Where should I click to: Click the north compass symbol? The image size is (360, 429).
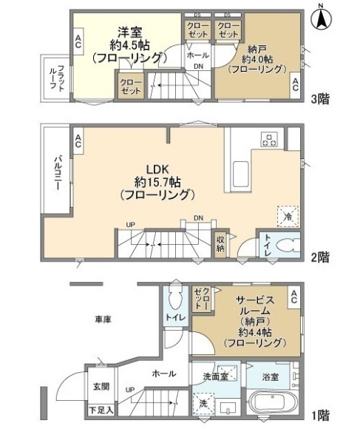pyautogui.click(x=323, y=17)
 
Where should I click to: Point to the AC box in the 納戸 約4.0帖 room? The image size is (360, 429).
pyautogui.click(x=295, y=82)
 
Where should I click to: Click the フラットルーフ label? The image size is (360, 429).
pyautogui.click(x=63, y=78)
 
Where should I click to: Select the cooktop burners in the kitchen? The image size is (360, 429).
pyautogui.click(x=268, y=139)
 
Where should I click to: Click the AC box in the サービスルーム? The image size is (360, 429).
pyautogui.click(x=293, y=295)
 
